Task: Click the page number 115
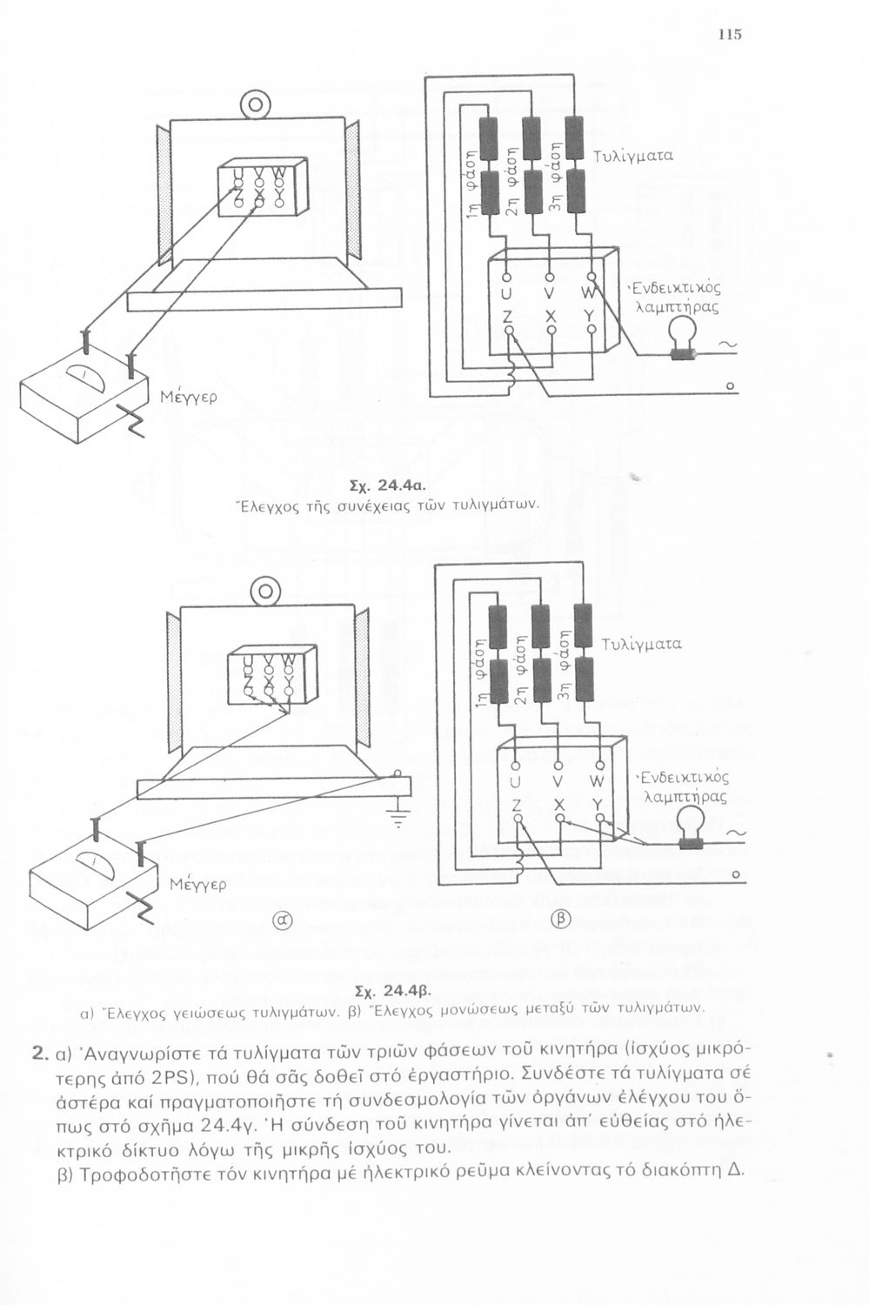click(730, 35)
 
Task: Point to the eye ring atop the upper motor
click(255, 105)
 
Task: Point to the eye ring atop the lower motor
click(265, 592)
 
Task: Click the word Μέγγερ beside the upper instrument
click(189, 398)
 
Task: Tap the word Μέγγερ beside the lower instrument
click(198, 885)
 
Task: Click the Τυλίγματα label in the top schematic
click(633, 156)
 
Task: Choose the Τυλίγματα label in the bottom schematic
click(641, 645)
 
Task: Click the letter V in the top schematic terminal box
click(551, 291)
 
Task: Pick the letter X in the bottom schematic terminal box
click(560, 804)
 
